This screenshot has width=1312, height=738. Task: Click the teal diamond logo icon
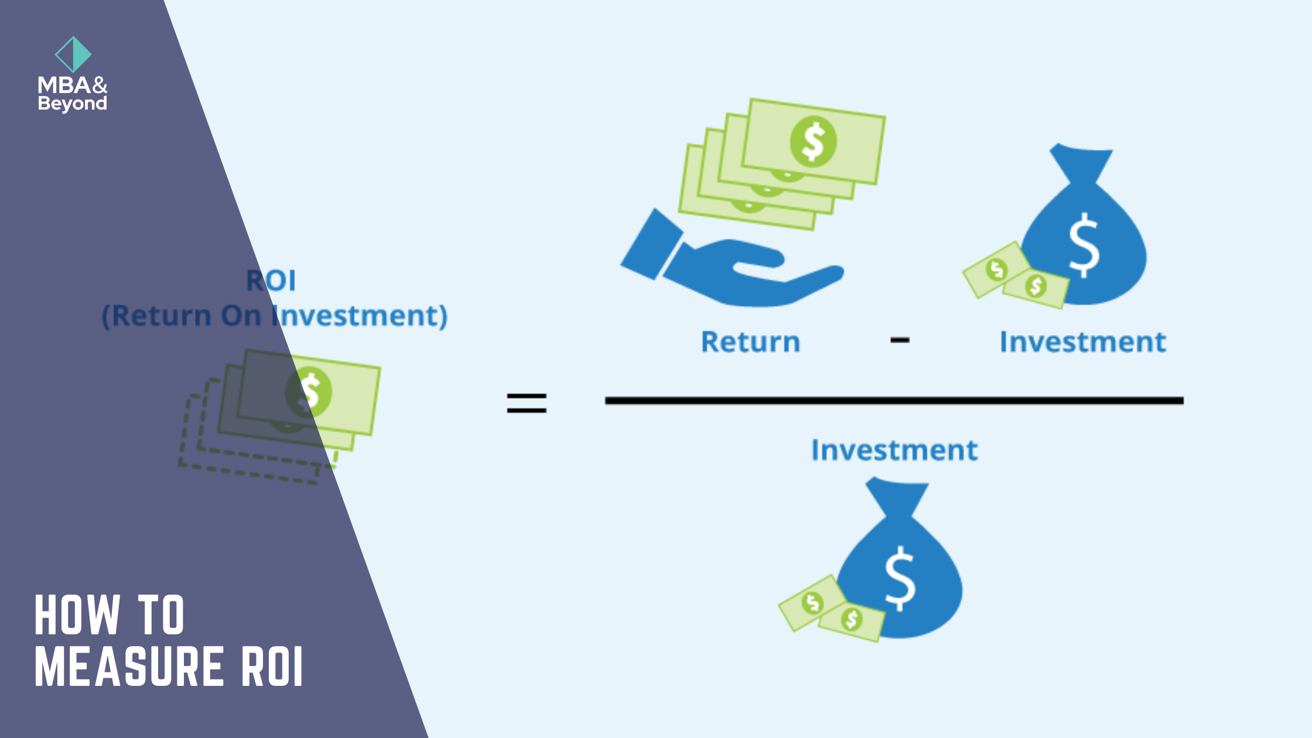point(73,54)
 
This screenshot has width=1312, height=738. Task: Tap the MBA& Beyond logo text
point(73,94)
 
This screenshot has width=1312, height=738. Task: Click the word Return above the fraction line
point(750,341)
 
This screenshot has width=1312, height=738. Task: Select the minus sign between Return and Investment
point(900,340)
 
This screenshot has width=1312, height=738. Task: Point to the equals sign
point(527,403)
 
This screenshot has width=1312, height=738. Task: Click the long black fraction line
point(894,401)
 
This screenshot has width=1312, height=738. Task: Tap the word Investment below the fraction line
point(894,450)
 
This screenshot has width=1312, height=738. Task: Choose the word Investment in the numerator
point(1082,341)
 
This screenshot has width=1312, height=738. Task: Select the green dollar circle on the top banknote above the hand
point(813,141)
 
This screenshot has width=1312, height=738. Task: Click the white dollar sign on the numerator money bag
point(1084,245)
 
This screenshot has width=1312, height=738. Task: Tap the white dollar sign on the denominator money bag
point(899,578)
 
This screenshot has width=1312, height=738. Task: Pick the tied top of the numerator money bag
point(1081,162)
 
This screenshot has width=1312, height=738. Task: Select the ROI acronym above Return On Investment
point(271,281)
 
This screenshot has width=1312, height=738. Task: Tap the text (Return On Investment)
point(274,316)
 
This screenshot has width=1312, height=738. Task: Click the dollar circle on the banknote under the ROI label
point(309,392)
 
